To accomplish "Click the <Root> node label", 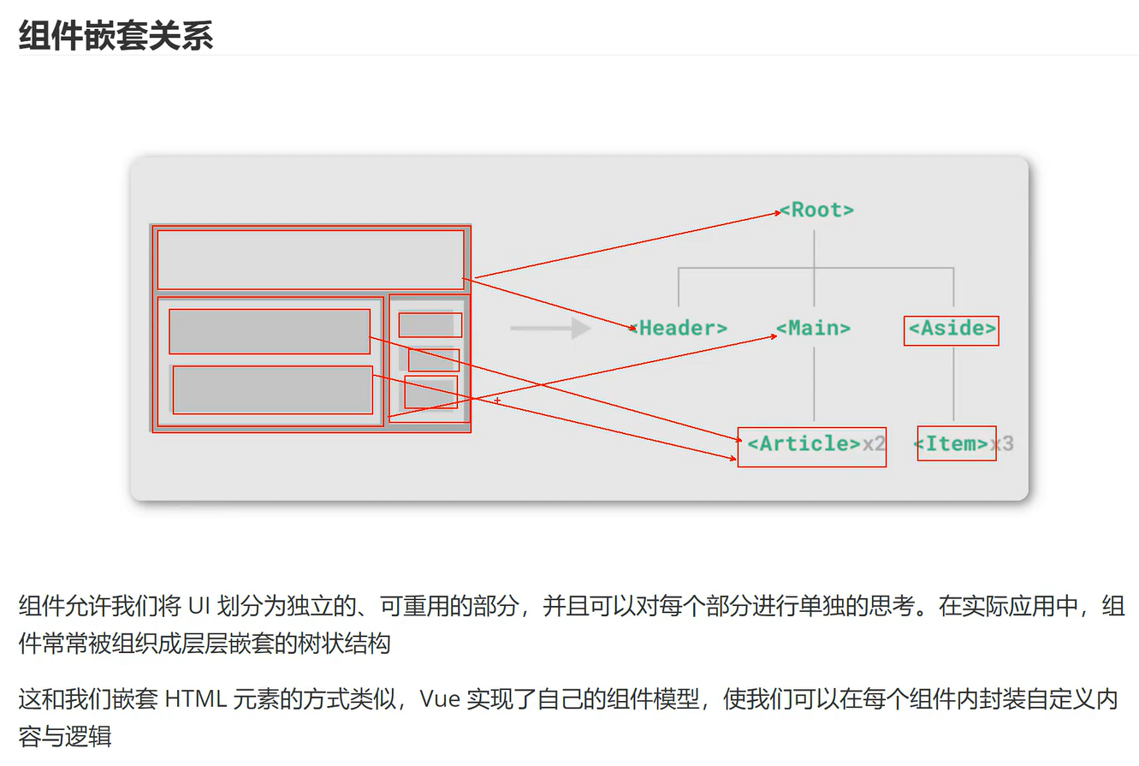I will (x=817, y=210).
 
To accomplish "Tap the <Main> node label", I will (x=814, y=328).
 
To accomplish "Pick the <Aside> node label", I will (x=952, y=329).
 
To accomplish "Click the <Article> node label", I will (x=804, y=443).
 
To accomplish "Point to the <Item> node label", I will (x=951, y=443).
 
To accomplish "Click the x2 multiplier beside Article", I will (x=874, y=443).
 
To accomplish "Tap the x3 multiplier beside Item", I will (x=1002, y=443).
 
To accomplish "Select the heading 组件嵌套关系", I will (x=116, y=36).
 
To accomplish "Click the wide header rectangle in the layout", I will (x=311, y=259).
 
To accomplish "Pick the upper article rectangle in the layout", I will (x=270, y=331).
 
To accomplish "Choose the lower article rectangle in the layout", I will (x=272, y=389).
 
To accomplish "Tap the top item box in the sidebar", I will (x=430, y=325).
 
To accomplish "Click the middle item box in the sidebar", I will (x=434, y=359).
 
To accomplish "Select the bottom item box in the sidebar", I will (x=430, y=392).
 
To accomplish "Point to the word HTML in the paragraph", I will (x=195, y=699).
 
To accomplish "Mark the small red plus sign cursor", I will (x=497, y=401).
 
